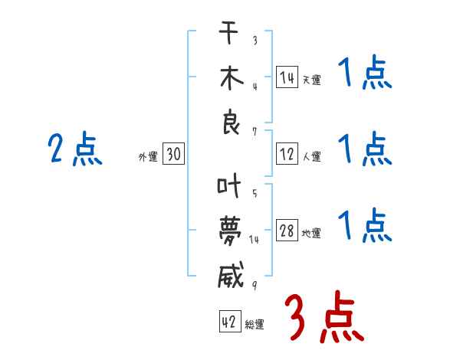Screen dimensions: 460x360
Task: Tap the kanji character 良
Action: coord(231,123)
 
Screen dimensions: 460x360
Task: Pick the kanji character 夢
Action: coord(231,231)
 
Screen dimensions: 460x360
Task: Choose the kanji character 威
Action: coord(231,274)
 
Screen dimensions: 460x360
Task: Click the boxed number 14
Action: coord(287,77)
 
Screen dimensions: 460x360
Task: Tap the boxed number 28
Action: coord(287,231)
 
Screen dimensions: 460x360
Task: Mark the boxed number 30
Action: coord(172,155)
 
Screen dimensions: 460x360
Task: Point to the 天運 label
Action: coord(311,80)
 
